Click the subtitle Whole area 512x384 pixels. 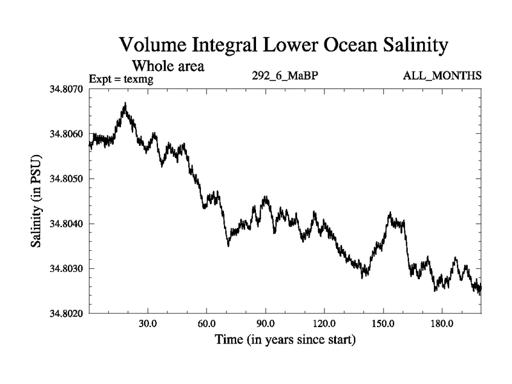click(168, 66)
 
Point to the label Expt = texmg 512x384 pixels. click(121, 79)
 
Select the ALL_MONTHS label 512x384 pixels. click(442, 76)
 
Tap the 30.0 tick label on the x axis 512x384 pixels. click(148, 323)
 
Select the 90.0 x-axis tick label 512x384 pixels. click(266, 323)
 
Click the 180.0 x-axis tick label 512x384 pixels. click(442, 323)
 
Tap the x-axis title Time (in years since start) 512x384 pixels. click(285, 339)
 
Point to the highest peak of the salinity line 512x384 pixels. click(125, 104)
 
